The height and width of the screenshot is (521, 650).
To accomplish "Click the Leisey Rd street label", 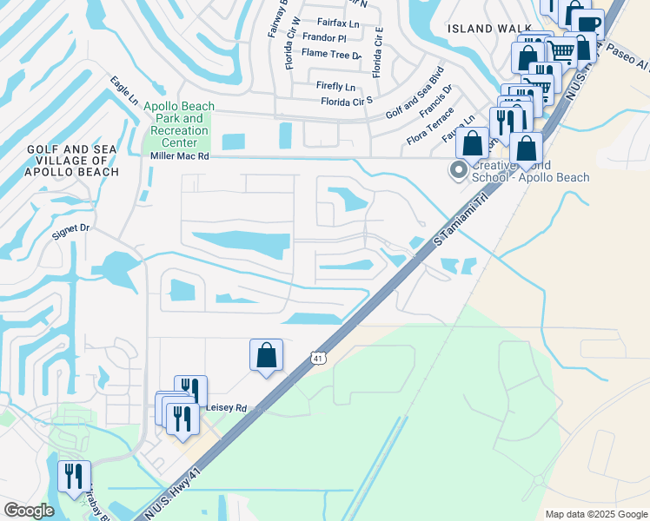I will tap(226, 407).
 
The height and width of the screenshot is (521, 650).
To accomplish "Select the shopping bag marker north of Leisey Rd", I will tap(266, 355).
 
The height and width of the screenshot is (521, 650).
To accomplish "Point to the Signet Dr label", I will tap(71, 228).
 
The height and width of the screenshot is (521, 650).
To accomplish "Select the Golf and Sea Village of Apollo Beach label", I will tap(73, 161).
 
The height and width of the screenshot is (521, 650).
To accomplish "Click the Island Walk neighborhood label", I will tap(489, 29).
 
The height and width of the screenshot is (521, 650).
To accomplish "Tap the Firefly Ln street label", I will tap(335, 87).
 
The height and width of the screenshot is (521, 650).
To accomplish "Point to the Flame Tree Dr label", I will tap(331, 54).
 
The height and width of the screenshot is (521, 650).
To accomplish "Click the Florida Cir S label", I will tap(347, 102).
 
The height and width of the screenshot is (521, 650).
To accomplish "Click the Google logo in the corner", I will tap(29, 511).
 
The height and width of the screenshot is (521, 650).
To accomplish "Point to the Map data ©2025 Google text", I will tap(595, 514).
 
